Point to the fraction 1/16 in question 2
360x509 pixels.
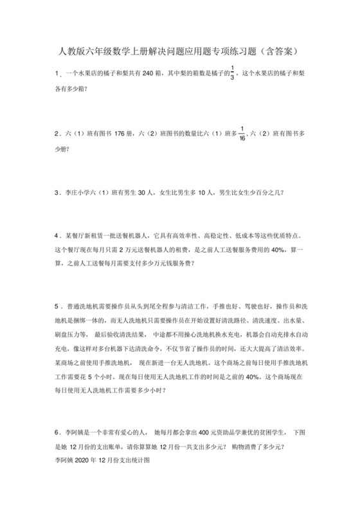[242, 134]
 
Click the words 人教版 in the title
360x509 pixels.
[69, 49]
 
